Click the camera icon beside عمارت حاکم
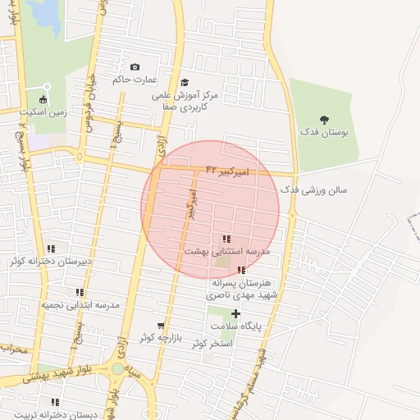[x=135, y=66]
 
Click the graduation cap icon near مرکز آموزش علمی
[x=185, y=82]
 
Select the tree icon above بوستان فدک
[x=324, y=119]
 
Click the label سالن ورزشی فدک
[x=314, y=189]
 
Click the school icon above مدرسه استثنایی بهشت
[x=226, y=239]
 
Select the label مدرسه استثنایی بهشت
[x=226, y=251]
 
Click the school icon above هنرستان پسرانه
[x=240, y=270]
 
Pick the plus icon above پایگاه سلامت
[x=236, y=313]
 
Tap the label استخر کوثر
[x=212, y=343]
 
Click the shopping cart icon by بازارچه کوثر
[x=161, y=326]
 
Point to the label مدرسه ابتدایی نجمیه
[x=80, y=304]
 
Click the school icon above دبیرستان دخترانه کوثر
[x=51, y=249]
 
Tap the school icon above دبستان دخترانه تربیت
[x=55, y=402]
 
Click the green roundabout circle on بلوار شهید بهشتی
[x=118, y=369]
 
